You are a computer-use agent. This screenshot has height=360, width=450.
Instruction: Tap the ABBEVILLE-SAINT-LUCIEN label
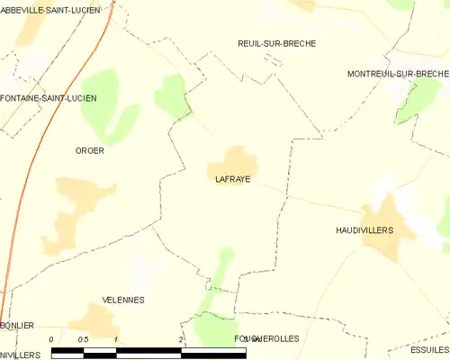pos(50,9)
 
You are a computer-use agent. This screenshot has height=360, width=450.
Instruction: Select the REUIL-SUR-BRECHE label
pos(276,43)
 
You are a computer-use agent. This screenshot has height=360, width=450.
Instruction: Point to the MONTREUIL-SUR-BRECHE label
pos(398,74)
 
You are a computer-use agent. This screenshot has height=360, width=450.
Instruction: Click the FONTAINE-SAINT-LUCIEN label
pos(49,97)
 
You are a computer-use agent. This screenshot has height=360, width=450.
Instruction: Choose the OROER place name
pos(89,150)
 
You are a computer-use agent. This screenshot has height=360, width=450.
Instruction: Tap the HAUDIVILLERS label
pos(364,230)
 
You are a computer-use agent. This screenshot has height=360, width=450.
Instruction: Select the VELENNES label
pos(123,300)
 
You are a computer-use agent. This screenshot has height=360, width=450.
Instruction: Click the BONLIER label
pos(18,325)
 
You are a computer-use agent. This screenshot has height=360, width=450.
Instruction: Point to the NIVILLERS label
pos(20,354)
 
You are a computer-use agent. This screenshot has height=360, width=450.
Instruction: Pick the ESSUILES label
pos(428,349)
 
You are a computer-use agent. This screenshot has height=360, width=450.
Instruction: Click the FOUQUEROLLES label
pos(265,338)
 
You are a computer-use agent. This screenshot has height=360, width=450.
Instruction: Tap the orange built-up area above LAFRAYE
pos(236,162)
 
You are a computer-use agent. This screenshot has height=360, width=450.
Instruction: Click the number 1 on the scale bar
pos(117,338)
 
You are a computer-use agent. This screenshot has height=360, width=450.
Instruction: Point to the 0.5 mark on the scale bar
pos(83,338)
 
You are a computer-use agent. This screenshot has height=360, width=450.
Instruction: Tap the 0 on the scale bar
pos(52,338)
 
